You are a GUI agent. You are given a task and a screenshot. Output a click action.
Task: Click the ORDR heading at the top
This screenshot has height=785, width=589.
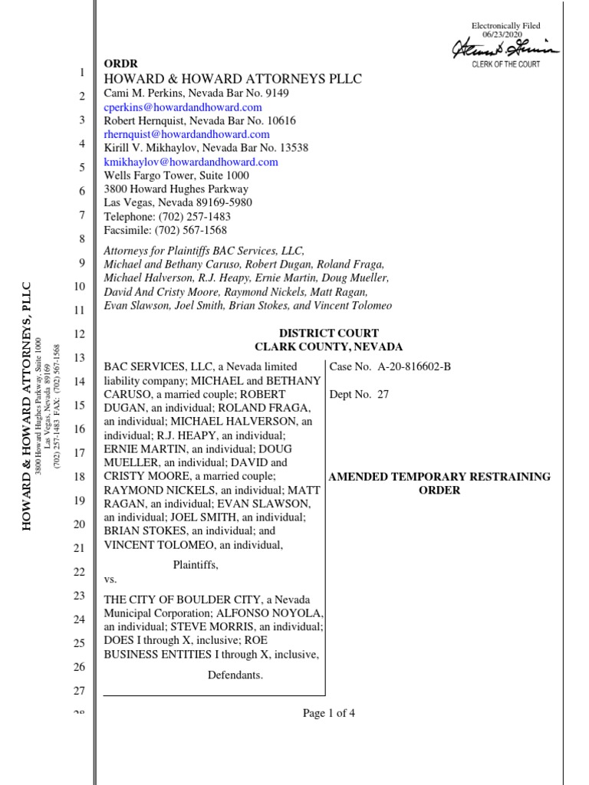tap(121, 64)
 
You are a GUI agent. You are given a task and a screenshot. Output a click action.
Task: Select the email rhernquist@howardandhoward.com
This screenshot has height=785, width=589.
tap(186, 134)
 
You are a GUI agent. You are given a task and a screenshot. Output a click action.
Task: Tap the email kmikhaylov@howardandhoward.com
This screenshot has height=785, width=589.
tap(190, 162)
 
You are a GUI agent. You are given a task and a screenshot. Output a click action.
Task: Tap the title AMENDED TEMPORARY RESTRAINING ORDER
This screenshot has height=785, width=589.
tap(439, 483)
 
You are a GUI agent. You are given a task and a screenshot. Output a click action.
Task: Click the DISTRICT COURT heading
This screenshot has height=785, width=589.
tap(328, 333)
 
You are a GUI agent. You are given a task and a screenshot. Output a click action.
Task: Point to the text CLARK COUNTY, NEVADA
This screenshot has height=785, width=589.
tap(328, 347)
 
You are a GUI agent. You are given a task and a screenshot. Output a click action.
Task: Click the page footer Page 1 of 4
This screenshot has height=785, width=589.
tap(328, 714)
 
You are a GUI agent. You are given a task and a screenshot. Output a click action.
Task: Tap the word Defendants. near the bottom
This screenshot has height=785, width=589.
tap(235, 675)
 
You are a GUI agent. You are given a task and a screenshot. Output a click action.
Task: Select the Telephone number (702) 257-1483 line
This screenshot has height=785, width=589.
tap(167, 216)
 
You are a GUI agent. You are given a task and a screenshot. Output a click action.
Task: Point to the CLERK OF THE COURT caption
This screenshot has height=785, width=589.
tap(505, 64)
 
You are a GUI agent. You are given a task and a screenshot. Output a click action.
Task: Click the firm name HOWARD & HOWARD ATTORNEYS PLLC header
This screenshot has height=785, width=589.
tap(232, 79)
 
